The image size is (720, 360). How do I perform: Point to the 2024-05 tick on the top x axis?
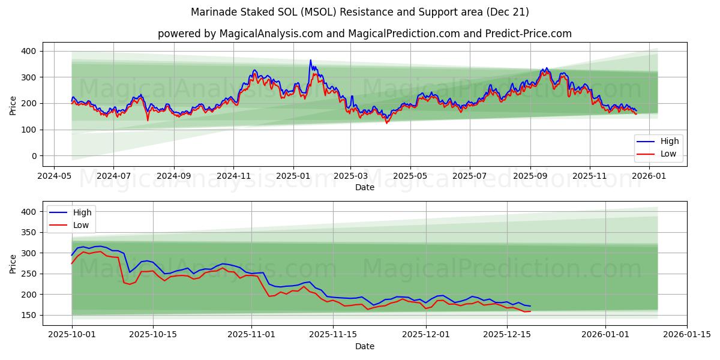[55, 176]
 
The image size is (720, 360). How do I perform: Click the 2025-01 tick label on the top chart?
[293, 176]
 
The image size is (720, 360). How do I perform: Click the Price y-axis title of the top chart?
[13, 104]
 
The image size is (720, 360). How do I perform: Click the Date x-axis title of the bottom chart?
[364, 346]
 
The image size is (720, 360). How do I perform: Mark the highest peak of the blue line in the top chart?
[310, 60]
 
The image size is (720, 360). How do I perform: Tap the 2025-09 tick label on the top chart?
[530, 176]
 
